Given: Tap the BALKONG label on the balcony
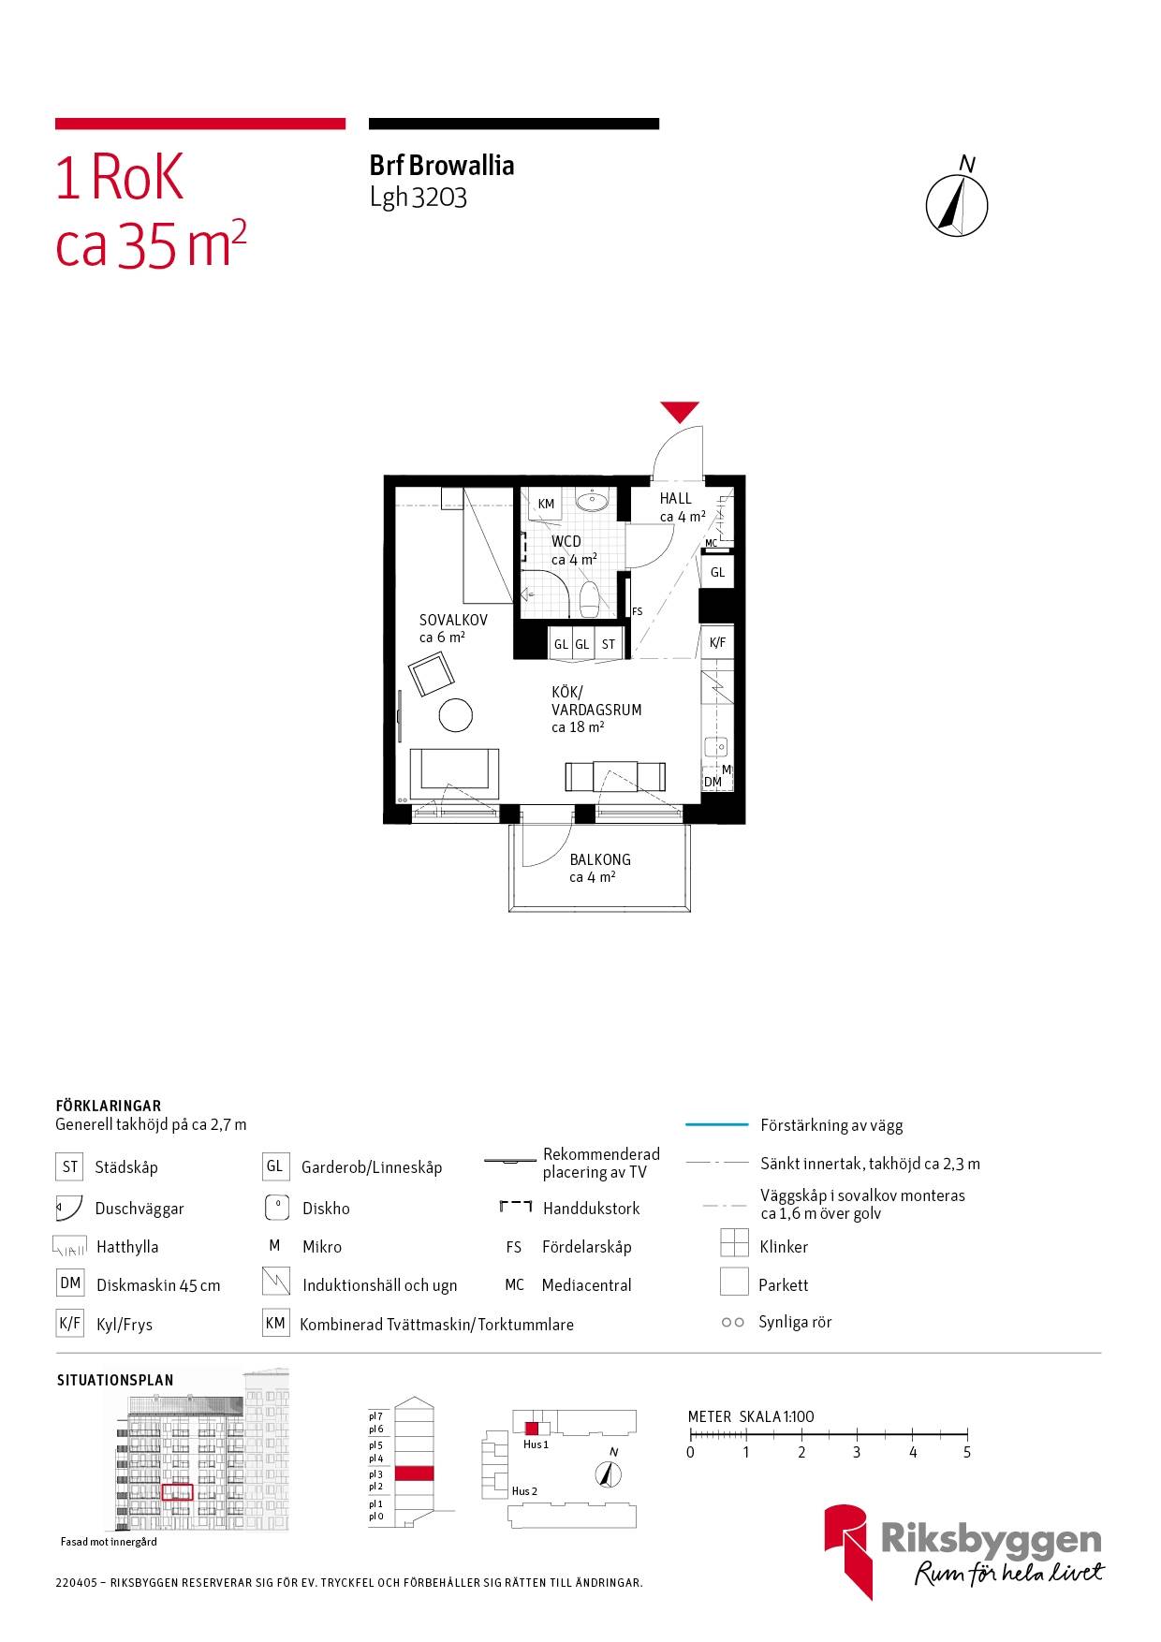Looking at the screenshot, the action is [600, 859].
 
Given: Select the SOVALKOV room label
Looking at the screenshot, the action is [453, 620].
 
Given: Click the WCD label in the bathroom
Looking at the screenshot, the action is [566, 541].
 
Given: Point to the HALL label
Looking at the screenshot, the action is [675, 499].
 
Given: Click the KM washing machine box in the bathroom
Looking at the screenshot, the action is [546, 504].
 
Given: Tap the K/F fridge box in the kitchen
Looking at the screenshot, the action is [717, 643].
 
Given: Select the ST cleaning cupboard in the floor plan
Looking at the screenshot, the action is [609, 644].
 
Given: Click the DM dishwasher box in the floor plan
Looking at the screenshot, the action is [713, 782].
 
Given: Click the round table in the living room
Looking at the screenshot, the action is [457, 715].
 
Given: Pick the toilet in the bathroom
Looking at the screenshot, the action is [589, 599].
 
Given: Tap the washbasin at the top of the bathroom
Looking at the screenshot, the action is [592, 501].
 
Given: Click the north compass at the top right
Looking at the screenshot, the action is [957, 203].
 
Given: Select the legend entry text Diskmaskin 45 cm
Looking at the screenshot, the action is [158, 1285].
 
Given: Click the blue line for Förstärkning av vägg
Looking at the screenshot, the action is [717, 1124].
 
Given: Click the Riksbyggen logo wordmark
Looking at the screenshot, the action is [992, 1540].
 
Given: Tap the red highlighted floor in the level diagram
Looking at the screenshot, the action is [414, 1473].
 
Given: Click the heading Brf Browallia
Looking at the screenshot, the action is [442, 166].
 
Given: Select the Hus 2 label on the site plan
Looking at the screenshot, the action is [524, 1491].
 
